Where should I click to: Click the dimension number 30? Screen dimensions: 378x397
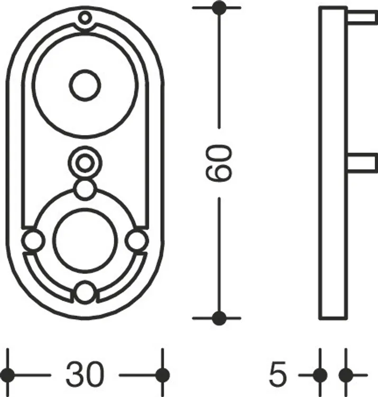point(85,374)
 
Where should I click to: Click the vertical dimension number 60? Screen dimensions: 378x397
point(219,163)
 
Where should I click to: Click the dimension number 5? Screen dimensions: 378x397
point(278,374)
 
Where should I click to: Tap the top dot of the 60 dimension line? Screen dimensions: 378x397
point(219,8)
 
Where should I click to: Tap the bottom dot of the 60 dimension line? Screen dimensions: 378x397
point(219,318)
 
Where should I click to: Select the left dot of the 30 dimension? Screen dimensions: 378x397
point(8,375)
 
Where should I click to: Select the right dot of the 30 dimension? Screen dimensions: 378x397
point(163,375)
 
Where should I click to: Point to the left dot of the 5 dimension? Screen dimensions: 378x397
point(320,375)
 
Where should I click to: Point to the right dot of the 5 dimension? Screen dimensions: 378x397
point(346,375)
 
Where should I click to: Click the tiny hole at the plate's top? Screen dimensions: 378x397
point(85,17)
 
